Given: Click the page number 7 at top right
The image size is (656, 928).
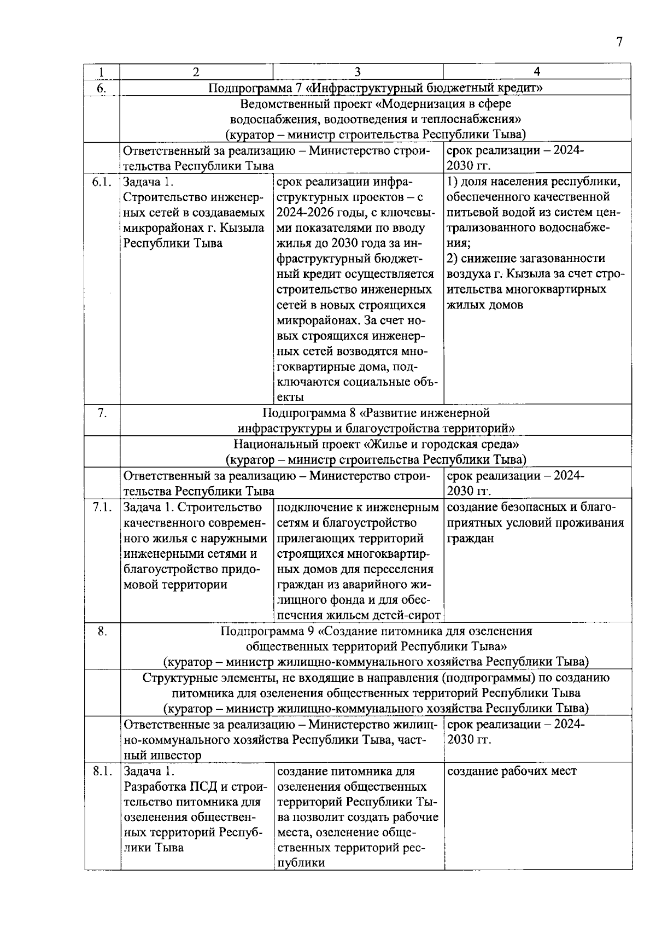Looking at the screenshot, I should pyautogui.click(x=619, y=42).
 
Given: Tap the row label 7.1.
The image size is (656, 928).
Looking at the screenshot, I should pyautogui.click(x=102, y=507).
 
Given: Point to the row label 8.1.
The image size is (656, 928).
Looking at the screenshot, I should pyautogui.click(x=102, y=772).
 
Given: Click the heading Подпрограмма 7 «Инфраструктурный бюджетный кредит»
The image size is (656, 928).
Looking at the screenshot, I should pyautogui.click(x=375, y=87).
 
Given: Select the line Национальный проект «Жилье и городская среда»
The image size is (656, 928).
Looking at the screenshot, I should pyautogui.click(x=376, y=443).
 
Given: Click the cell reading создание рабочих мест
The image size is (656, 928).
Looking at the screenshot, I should pyautogui.click(x=512, y=772).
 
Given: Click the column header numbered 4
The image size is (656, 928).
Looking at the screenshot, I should pyautogui.click(x=537, y=72).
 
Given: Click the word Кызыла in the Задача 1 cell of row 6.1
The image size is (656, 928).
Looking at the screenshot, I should pyautogui.click(x=246, y=228).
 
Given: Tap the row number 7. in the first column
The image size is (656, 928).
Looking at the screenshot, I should pyautogui.click(x=102, y=413).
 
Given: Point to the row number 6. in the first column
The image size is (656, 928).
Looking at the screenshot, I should pyautogui.click(x=102, y=88).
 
